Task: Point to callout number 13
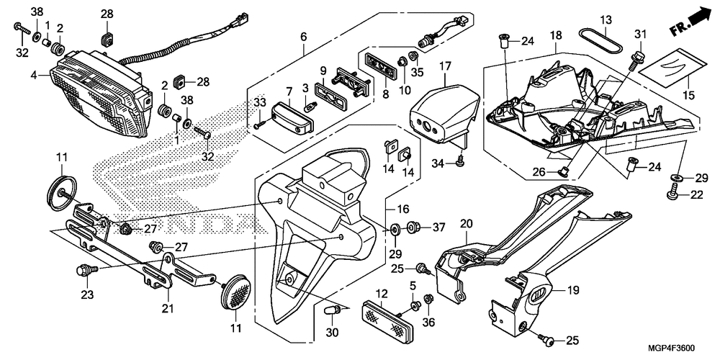click(x=605, y=19)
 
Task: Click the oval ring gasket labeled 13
click(x=601, y=42)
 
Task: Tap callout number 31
click(x=641, y=35)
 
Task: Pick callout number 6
click(x=303, y=36)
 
